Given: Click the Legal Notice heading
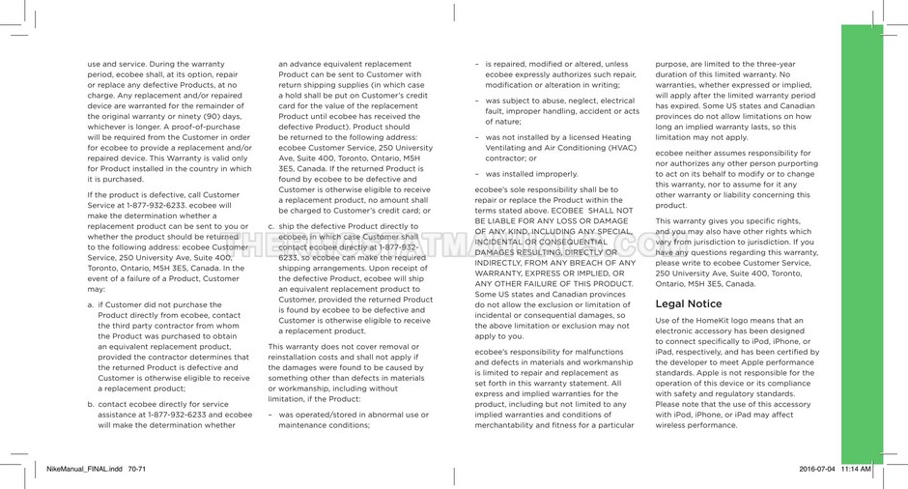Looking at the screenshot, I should (x=688, y=303).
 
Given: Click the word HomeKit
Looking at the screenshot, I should (x=730, y=320).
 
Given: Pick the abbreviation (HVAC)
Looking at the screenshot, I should (x=616, y=148).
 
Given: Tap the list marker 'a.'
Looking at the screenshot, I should (x=91, y=304).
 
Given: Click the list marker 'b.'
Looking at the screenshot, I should (x=91, y=404).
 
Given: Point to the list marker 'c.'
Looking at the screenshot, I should (x=271, y=226).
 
